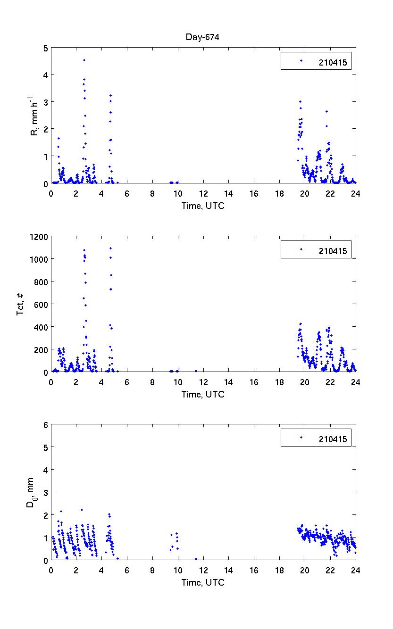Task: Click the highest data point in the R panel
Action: coord(84,60)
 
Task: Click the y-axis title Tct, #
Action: coord(21,304)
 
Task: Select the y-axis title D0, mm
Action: coord(29,492)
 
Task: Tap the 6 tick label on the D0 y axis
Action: coord(46,425)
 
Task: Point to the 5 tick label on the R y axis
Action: coord(45,48)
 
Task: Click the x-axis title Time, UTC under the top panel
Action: coord(203,206)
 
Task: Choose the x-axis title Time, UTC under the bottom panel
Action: coord(203,582)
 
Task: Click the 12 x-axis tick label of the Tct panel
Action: coord(203,382)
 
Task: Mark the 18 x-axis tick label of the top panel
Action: coord(279,193)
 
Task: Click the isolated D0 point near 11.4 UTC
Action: coord(196,559)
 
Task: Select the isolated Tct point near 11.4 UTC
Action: coord(196,371)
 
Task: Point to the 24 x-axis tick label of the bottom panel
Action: coord(355,570)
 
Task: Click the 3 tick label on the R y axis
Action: coord(45,102)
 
